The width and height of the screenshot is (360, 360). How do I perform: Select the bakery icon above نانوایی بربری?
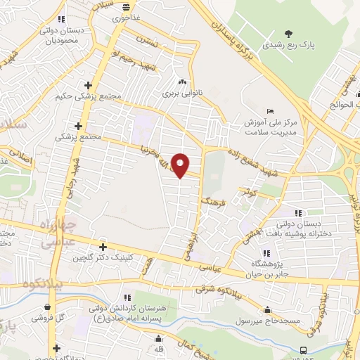(x=183, y=82)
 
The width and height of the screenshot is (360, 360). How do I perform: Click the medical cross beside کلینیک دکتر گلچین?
(x=103, y=247)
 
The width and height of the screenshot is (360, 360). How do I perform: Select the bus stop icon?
(x=303, y=349)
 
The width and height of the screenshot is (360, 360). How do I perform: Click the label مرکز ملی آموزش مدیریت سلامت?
(x=271, y=127)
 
